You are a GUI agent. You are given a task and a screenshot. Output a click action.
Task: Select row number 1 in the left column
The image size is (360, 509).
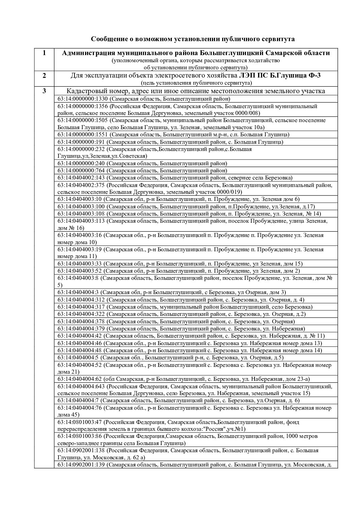[44, 53]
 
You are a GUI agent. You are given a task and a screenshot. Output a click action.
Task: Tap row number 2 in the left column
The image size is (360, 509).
[44, 75]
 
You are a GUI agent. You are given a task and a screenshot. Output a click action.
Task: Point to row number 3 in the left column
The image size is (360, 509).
[44, 91]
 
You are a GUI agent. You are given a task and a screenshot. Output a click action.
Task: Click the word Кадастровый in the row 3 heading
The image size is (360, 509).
[85, 91]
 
